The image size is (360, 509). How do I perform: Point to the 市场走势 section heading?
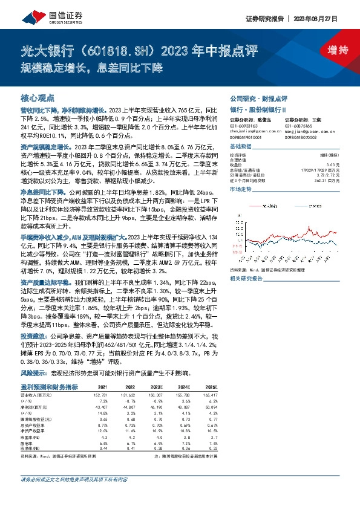click(240, 190)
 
